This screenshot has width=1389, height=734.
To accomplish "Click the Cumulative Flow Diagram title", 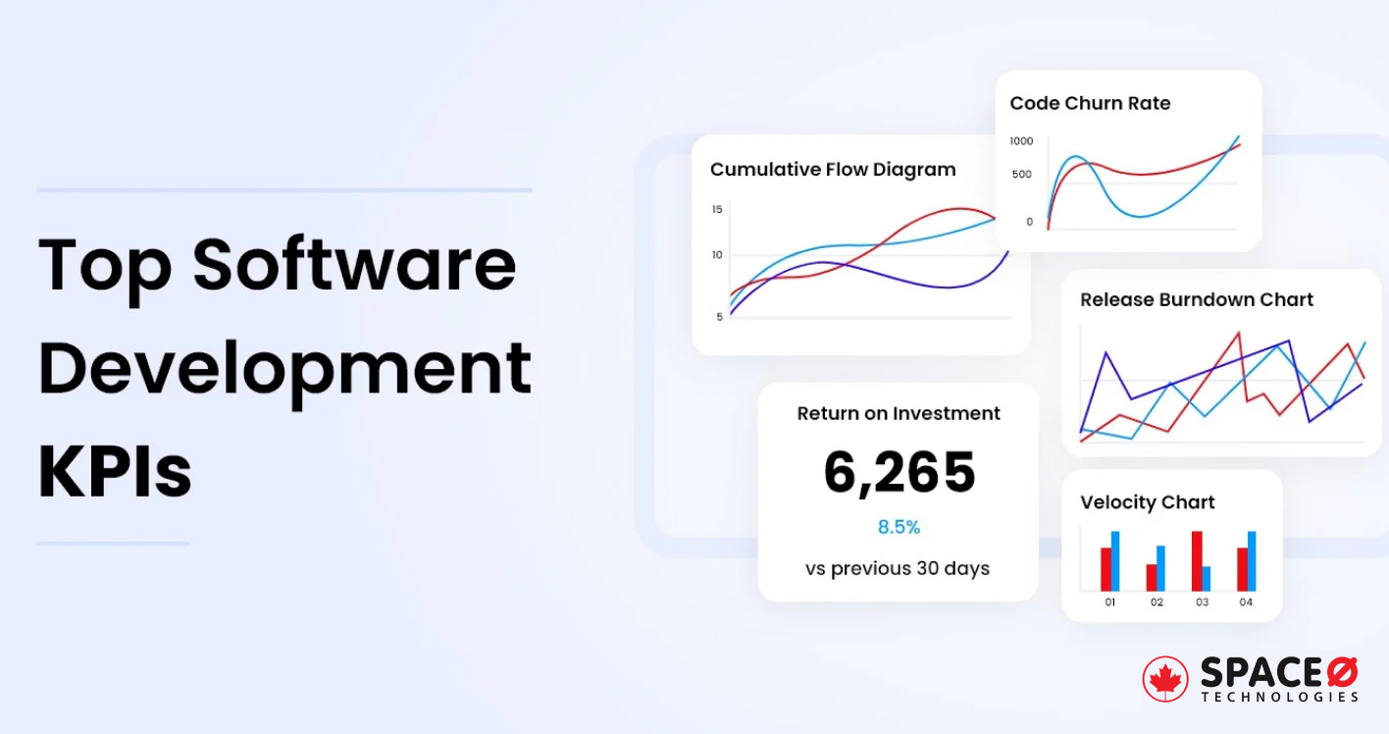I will (833, 170).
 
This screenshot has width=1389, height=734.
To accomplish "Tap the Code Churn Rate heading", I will (1090, 103).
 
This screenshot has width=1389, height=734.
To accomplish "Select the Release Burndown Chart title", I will (1196, 300).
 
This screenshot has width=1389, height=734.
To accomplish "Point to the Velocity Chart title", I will (1147, 502).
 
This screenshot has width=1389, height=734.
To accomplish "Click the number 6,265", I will (899, 473).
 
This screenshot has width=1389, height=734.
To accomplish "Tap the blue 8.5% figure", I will (899, 528).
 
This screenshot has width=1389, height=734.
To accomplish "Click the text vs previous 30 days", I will (898, 568).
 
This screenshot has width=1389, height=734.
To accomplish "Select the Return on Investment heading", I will (899, 414).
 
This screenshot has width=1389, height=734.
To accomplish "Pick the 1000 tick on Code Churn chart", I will (1021, 141).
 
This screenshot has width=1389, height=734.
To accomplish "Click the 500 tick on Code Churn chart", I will (1021, 175).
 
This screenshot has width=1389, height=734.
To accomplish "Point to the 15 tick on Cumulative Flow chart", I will (717, 209).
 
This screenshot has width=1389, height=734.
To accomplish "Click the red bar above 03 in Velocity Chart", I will (1197, 560).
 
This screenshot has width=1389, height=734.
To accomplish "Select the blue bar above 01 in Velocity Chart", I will (1115, 560).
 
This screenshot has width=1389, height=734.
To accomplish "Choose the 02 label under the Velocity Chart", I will (1157, 603).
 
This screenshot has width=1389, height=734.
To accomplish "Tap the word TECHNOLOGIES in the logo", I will (1280, 697).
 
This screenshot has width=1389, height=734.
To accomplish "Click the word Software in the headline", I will (354, 265).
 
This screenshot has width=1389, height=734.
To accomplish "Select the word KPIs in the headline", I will (115, 473).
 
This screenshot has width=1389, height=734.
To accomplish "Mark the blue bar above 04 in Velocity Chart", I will (1252, 560).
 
